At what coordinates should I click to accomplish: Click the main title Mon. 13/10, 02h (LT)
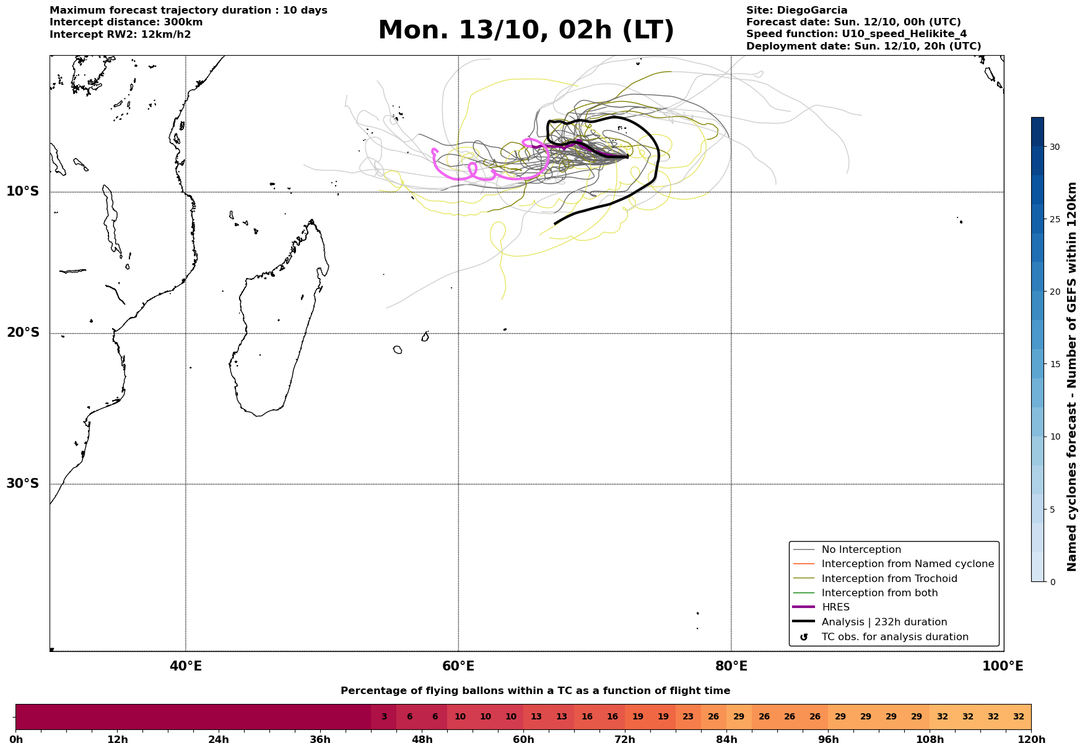(x=526, y=30)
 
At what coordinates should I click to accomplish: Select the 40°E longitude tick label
(x=186, y=666)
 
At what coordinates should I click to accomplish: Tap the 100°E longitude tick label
(x=1003, y=666)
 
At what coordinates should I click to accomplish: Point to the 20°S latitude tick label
(x=23, y=333)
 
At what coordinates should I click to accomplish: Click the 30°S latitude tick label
(x=23, y=484)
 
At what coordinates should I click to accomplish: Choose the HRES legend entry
(x=835, y=607)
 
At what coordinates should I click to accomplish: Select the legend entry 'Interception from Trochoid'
(x=889, y=579)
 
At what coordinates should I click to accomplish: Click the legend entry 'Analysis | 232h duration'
(x=884, y=622)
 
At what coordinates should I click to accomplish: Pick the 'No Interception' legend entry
(x=861, y=550)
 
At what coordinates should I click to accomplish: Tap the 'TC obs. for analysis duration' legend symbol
(x=804, y=637)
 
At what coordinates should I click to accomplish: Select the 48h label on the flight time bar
(x=422, y=740)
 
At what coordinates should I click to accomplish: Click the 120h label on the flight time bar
(x=1031, y=740)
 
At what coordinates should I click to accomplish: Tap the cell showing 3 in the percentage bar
(x=384, y=717)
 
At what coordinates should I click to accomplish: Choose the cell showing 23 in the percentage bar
(x=688, y=717)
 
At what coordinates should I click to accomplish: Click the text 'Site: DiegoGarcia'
(x=796, y=11)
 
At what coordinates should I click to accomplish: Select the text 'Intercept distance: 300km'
(x=126, y=22)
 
